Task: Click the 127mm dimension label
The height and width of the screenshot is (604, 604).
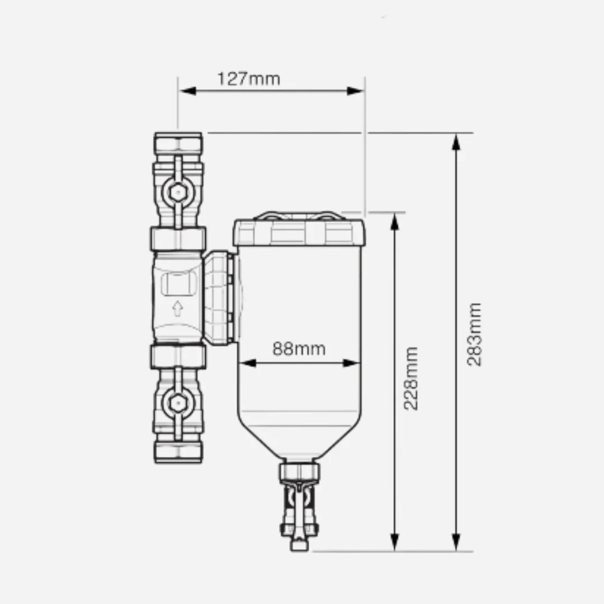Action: click(249, 79)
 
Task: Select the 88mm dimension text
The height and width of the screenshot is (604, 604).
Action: click(299, 349)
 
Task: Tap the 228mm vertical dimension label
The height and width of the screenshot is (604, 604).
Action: click(410, 378)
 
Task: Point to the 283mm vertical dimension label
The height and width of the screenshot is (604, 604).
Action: click(474, 334)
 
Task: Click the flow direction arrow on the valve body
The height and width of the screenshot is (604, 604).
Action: click(177, 309)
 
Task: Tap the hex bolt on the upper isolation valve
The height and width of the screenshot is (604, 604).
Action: click(178, 192)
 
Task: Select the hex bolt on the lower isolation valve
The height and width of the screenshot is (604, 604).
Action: click(178, 403)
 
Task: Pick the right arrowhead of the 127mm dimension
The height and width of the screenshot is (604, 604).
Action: click(355, 91)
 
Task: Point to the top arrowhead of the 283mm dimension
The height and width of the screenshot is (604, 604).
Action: click(456, 142)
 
